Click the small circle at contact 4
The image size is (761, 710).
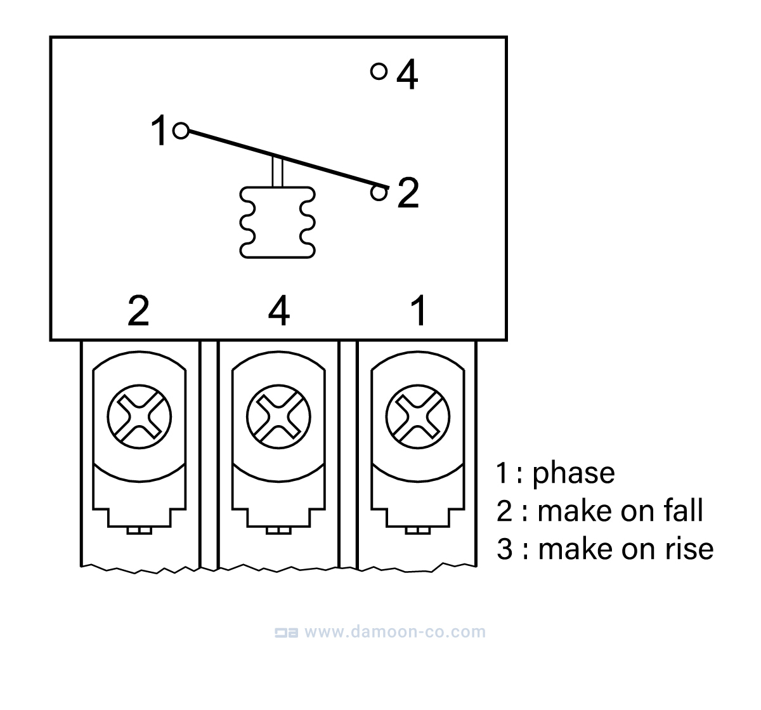tap(379, 72)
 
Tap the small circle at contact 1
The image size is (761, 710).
tap(181, 131)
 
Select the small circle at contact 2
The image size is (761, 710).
tap(379, 192)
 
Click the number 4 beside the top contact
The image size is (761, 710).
tap(407, 76)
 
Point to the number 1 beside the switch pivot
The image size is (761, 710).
tap(160, 131)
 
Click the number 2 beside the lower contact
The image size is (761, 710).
tap(408, 193)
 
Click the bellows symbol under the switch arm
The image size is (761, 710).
tap(276, 222)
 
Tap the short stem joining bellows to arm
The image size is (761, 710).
tap(276, 171)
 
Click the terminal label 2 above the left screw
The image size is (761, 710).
tap(138, 311)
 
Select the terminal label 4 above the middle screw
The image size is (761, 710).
tap(279, 311)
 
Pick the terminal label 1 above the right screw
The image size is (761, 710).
tap(419, 311)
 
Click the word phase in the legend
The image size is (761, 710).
tap(573, 473)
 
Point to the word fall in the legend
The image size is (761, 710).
tap(684, 511)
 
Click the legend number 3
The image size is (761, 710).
tap(504, 549)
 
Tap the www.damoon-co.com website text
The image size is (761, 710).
tap(394, 632)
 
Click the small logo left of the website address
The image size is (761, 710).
tap(286, 633)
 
